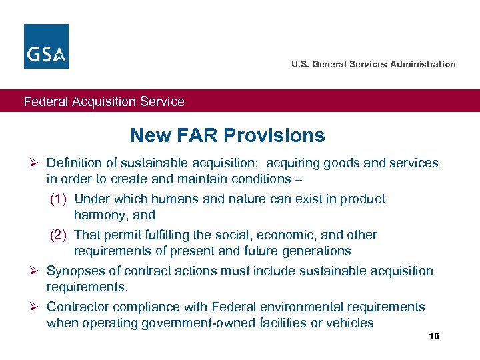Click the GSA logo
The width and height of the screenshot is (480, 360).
[x=46, y=46]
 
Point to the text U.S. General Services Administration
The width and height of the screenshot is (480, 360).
[x=373, y=65]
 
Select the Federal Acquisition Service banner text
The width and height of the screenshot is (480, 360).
[x=104, y=102]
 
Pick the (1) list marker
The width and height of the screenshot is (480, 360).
[x=61, y=199]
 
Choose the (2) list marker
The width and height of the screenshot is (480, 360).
[x=61, y=235]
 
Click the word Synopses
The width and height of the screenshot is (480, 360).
[x=72, y=271]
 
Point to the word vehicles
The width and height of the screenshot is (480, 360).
[x=350, y=323]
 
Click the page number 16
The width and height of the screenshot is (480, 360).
[x=434, y=337]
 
